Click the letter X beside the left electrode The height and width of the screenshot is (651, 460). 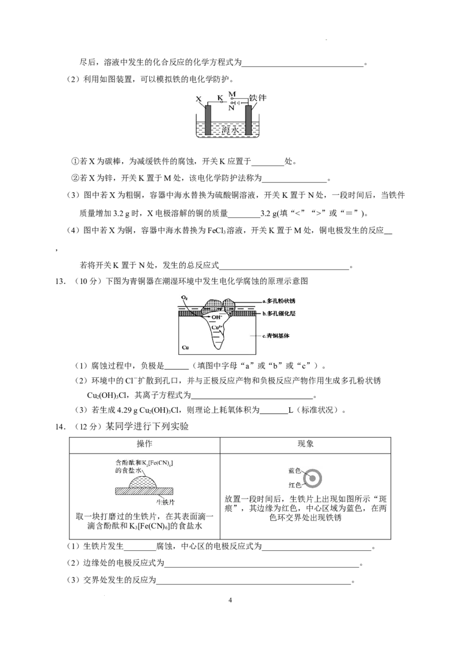[198, 99]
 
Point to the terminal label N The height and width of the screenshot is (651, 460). [232, 108]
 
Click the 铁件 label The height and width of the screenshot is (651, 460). [258, 98]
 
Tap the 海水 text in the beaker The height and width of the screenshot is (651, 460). [229, 131]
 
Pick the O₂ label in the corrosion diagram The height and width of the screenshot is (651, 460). [185, 298]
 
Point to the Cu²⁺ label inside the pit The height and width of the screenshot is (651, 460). [215, 327]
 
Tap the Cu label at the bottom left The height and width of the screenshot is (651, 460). [185, 348]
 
